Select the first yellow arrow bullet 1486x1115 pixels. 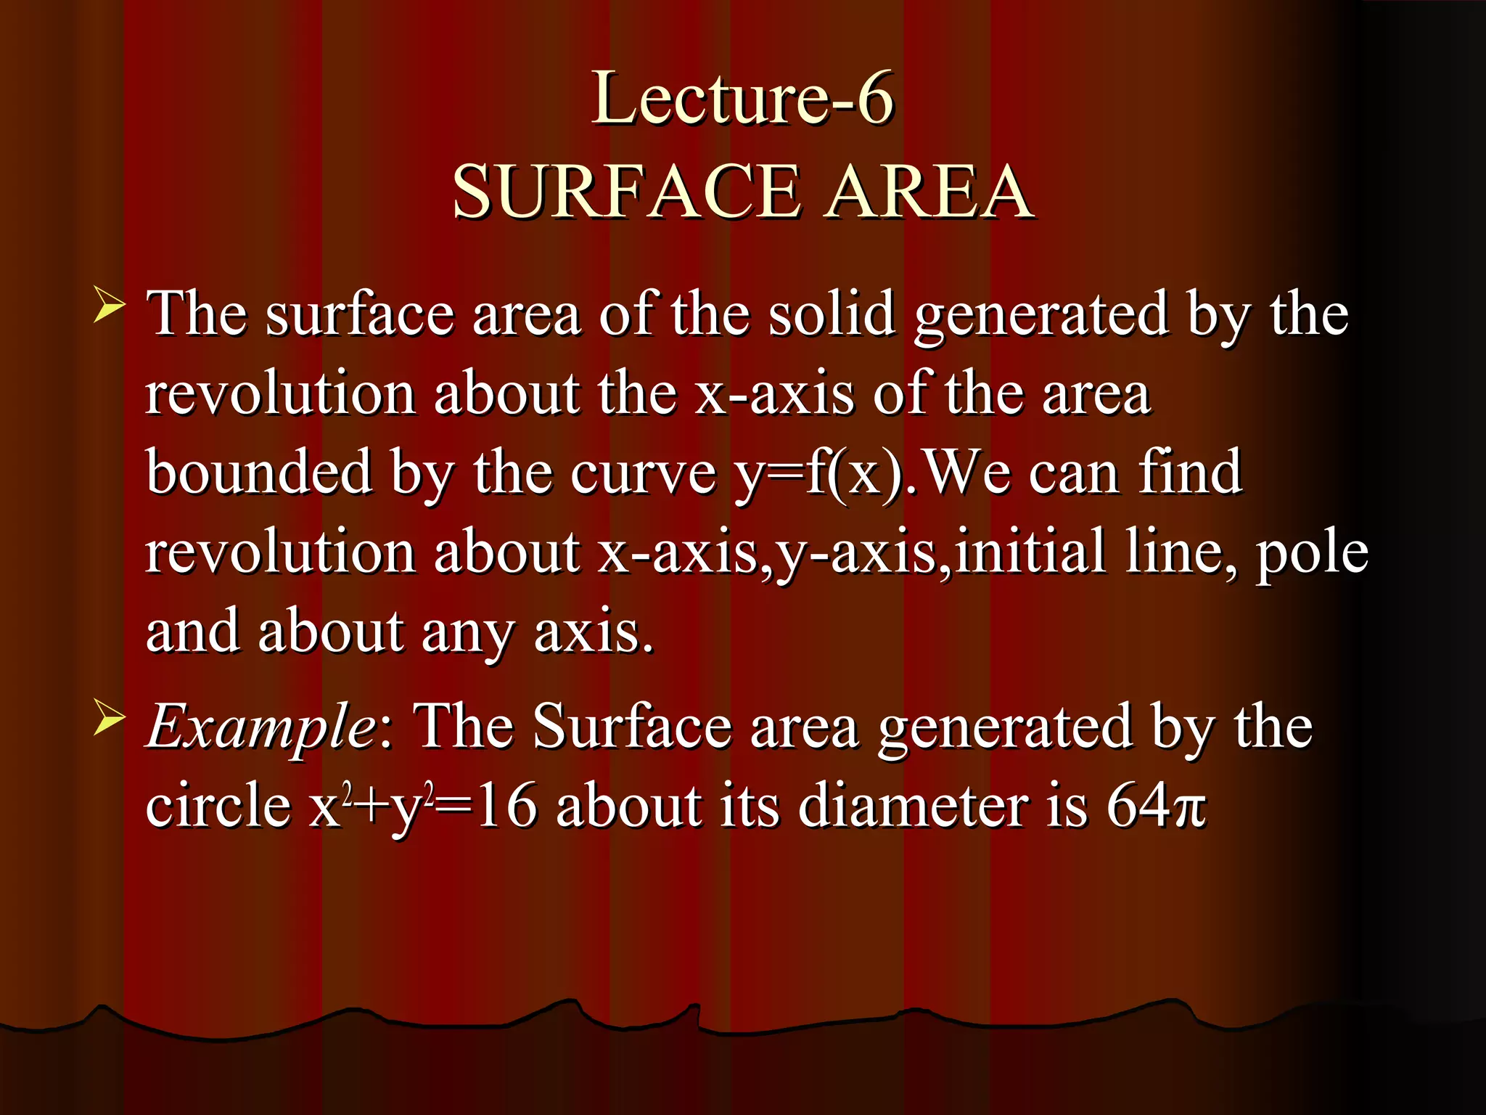pos(110,305)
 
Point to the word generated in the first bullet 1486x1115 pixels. pos(1041,316)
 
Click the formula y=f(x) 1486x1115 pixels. pos(820,473)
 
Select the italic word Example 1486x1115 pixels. pos(260,727)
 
